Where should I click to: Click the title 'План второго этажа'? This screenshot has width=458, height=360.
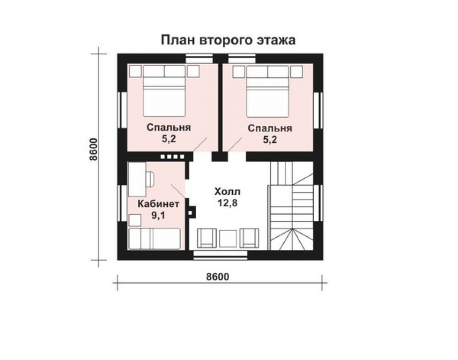[x=228, y=40]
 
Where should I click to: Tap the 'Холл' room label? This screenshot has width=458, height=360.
[x=227, y=191]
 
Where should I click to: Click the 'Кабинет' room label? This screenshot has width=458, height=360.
[x=158, y=204]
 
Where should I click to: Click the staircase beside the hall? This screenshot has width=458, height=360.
[x=290, y=206]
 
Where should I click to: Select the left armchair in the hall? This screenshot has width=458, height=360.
[x=207, y=237]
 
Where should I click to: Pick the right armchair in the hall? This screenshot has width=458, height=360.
[x=249, y=237]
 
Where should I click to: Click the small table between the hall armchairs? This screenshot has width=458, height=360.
[x=228, y=238]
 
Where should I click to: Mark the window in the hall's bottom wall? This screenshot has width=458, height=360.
[x=221, y=255]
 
